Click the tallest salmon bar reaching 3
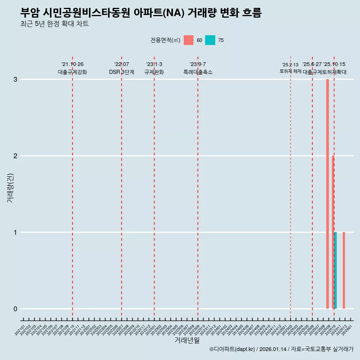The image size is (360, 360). [327, 194]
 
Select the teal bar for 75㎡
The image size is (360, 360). [336, 270]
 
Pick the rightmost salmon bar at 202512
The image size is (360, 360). [344, 270]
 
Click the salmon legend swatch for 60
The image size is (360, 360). [189, 40]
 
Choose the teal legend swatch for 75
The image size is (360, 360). [210, 40]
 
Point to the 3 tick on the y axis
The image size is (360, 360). [15, 79]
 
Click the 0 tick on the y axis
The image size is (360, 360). [15, 309]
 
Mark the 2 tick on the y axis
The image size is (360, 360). [15, 156]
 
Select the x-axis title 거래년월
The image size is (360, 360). [187, 340]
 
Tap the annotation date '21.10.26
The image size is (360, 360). [72, 64]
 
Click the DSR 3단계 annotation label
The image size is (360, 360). [121, 72]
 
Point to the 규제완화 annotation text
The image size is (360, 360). [154, 72]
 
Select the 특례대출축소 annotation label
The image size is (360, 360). [198, 72]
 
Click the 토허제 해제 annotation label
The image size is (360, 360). [290, 71]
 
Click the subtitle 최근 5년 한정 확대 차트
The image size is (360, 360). [55, 24]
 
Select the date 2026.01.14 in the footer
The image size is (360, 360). [273, 349]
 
